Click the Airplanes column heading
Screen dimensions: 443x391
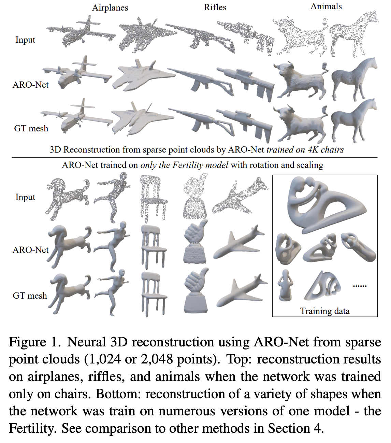pos(110,8)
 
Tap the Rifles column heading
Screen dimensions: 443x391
pos(215,7)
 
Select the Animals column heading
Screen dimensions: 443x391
pos(326,6)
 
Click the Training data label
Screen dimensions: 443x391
pos(324,311)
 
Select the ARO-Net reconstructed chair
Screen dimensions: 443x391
pos(154,246)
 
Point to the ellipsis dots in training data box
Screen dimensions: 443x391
pos(359,286)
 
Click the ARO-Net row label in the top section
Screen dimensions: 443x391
pos(30,85)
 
